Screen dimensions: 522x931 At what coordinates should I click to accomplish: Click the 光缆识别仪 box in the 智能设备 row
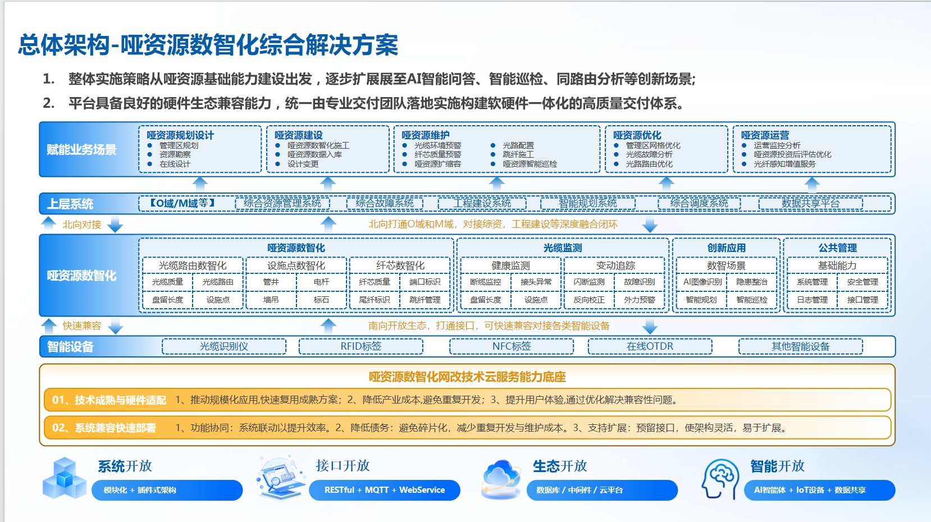pos(224,346)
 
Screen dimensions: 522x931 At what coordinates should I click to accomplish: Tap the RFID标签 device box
pos(360,346)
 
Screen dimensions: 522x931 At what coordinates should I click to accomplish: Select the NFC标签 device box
pos(512,346)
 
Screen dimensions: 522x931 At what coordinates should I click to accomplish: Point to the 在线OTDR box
pos(650,346)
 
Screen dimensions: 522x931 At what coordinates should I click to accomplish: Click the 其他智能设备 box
pos(800,346)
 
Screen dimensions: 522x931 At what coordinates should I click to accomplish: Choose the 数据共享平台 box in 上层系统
pos(810,203)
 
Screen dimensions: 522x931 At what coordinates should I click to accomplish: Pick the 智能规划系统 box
pos(587,203)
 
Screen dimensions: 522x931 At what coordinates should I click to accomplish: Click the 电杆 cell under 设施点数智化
pos(321,282)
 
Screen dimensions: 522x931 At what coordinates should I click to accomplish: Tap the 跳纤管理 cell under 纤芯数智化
pos(425,300)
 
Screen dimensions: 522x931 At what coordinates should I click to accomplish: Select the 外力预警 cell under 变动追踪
pos(640,300)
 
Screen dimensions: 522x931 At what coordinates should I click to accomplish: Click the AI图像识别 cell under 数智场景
pos(702,282)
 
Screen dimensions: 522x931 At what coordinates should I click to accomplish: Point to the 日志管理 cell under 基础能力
pos(812,300)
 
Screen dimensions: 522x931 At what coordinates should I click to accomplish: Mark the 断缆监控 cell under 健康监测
pos(486,282)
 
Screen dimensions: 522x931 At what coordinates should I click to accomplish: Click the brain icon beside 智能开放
pos(720,478)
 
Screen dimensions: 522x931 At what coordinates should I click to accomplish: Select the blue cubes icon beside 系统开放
pos(65,478)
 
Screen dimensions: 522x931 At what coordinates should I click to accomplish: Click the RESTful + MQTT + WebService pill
pos(385,490)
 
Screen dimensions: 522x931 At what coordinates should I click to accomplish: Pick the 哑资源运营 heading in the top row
pos(765,135)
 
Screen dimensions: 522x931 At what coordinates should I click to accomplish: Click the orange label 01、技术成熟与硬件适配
pos(109,400)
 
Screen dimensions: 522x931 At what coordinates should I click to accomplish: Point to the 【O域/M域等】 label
pos(182,203)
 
